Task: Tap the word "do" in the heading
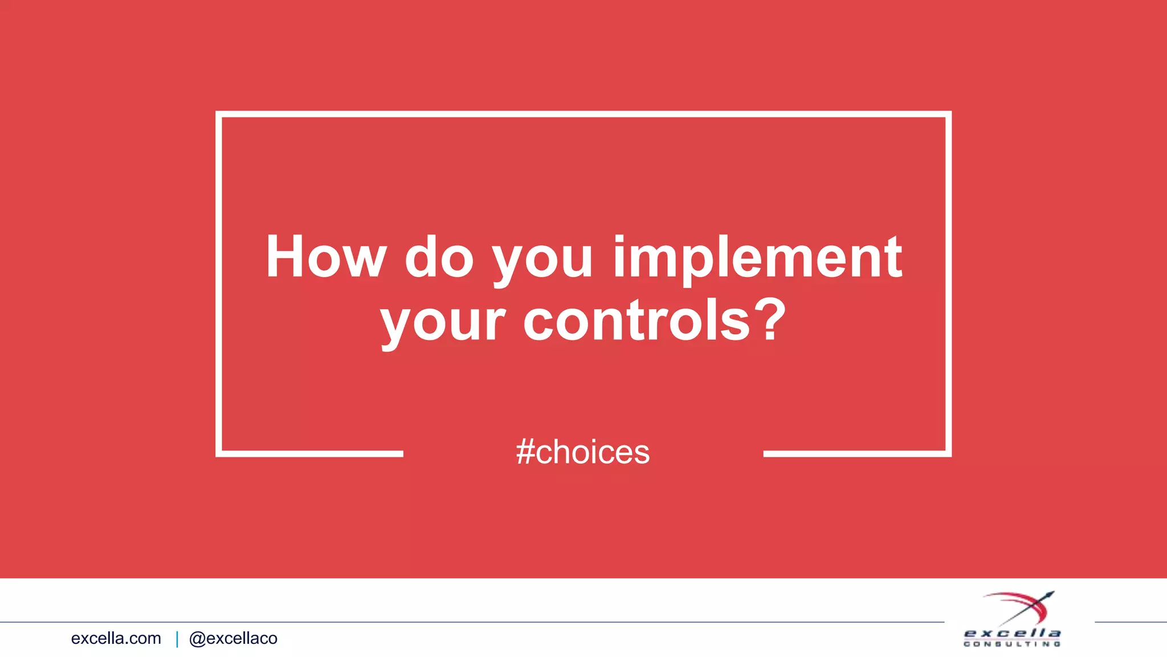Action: [439, 258]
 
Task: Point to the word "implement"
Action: [757, 260]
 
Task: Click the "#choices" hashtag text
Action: [582, 452]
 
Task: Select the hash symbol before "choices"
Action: [525, 452]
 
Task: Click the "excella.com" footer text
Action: [116, 638]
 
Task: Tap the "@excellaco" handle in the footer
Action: [233, 638]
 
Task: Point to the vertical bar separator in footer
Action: [177, 639]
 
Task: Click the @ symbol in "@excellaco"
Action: [197, 639]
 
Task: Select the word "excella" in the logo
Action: [1012, 633]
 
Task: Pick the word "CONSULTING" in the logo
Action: [1012, 644]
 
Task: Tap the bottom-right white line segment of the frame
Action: [856, 454]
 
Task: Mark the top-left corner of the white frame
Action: [219, 114]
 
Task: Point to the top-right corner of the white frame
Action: [948, 114]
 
